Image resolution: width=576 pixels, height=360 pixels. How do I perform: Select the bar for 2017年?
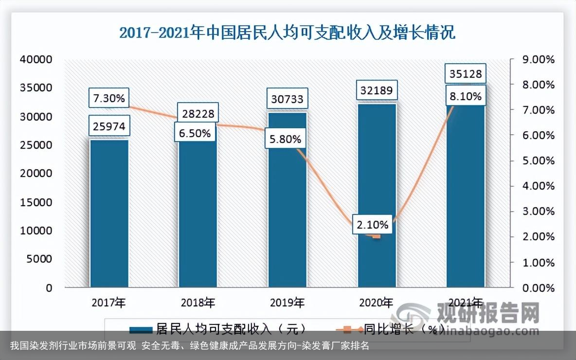click(x=109, y=214)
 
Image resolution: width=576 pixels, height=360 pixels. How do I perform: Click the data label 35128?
click(x=466, y=74)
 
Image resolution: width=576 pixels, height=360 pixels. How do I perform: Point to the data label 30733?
click(x=287, y=99)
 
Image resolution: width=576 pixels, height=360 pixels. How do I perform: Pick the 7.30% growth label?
click(x=108, y=99)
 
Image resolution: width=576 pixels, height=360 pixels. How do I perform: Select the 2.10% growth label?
click(x=372, y=225)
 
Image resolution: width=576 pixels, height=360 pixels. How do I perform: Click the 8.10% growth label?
click(x=466, y=96)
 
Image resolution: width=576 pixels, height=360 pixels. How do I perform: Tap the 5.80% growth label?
click(x=285, y=139)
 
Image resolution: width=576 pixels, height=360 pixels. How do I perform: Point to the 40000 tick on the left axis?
click(x=36, y=59)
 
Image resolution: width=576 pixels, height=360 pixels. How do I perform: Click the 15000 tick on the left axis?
click(x=36, y=202)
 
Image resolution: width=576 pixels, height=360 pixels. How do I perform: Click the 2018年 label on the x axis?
click(x=198, y=303)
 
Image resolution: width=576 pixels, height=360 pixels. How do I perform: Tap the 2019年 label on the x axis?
click(x=287, y=303)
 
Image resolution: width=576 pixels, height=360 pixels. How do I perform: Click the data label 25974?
click(x=108, y=127)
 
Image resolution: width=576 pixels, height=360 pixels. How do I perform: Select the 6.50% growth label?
click(x=195, y=133)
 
